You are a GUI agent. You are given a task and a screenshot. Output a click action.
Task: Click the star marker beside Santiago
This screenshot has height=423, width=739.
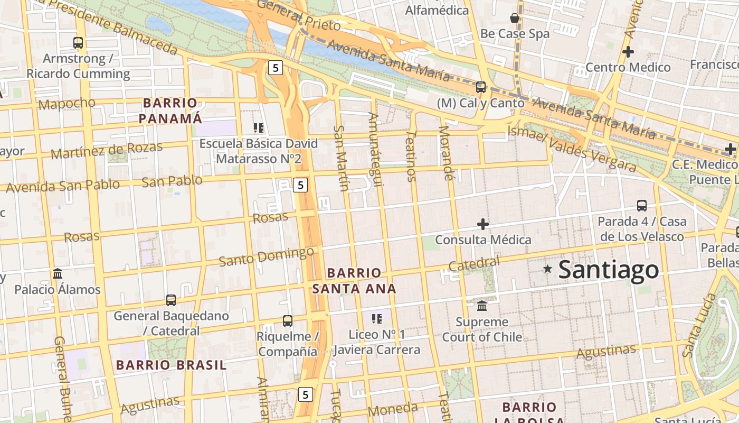pos(548,270)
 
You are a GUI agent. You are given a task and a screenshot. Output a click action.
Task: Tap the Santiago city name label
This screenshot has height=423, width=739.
pos(609,270)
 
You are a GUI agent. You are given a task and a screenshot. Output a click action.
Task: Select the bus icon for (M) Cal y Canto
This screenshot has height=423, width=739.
pos(481,87)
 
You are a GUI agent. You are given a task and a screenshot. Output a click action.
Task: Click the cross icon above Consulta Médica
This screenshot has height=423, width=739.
pos(483,224)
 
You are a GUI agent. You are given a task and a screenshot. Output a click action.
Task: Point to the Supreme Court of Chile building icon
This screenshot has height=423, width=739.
pos(482,306)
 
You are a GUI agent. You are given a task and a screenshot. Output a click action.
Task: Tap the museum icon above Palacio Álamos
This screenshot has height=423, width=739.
pos(58,274)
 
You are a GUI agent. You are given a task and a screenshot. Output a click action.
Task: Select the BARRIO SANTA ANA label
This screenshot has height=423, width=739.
pos(354,281)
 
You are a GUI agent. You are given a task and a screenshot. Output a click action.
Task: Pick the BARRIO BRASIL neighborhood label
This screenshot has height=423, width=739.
pos(171,365)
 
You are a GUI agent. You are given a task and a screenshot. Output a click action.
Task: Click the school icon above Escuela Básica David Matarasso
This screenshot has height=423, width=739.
pos(259,128)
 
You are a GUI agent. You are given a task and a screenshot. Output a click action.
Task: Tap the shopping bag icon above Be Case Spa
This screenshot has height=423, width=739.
pos(515,19)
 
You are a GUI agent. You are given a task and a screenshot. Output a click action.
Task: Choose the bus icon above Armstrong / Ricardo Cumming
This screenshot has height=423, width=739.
pos(78,43)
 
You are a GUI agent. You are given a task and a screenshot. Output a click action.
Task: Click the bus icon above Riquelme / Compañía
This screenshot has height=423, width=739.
pos(288,321)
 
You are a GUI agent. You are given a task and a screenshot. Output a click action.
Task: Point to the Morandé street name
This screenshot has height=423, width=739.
pos(446,153)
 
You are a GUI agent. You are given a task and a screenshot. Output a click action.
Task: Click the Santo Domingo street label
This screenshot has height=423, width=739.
pos(267,256)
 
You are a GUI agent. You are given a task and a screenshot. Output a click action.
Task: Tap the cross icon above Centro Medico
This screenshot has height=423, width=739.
pos(628,52)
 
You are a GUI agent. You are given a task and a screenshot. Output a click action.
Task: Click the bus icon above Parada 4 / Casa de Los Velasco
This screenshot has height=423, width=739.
pos(642,206)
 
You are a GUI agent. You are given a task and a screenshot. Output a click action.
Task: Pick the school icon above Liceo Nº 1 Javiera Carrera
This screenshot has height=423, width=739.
pos(377,318)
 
